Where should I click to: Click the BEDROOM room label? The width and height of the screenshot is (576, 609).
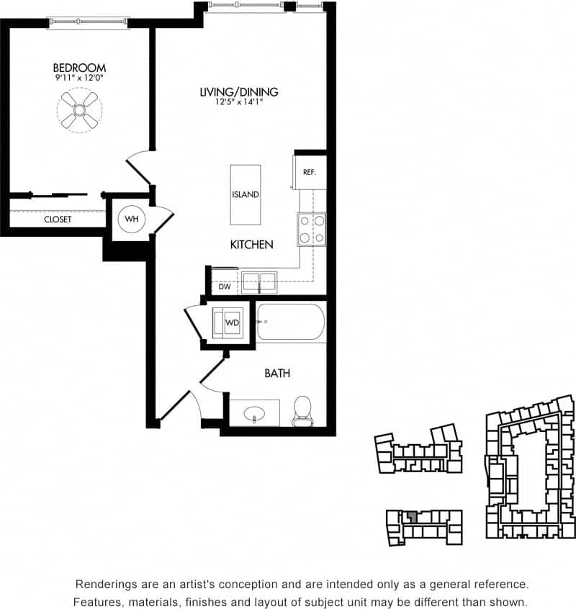click(x=79, y=68)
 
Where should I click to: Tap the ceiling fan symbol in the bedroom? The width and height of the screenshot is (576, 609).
click(x=79, y=110)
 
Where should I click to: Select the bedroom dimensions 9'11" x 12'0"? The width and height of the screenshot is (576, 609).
click(x=79, y=78)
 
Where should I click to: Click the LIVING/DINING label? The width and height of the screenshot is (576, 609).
click(x=239, y=92)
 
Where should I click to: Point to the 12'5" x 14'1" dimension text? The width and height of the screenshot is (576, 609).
click(x=239, y=102)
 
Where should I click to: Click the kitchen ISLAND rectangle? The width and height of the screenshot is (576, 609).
click(x=246, y=194)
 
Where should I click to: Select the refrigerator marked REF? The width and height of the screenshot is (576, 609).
click(x=310, y=172)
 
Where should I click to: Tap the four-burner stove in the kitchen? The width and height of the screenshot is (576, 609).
click(x=312, y=230)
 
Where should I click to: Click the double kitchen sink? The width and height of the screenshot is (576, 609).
click(x=258, y=281)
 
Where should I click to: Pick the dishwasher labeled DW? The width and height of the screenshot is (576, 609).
click(x=224, y=287)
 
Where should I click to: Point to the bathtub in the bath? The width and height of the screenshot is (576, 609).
click(x=292, y=322)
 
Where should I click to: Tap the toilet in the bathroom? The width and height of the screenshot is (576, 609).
click(x=302, y=410)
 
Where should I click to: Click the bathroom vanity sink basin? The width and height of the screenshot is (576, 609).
click(x=255, y=414)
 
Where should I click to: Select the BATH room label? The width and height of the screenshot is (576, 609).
click(x=277, y=373)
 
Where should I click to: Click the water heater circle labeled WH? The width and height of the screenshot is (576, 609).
click(x=132, y=218)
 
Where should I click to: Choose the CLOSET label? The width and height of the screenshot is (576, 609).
click(x=58, y=220)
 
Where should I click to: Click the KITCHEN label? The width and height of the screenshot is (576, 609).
click(x=251, y=245)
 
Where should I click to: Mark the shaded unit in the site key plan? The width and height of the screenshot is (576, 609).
click(x=412, y=516)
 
